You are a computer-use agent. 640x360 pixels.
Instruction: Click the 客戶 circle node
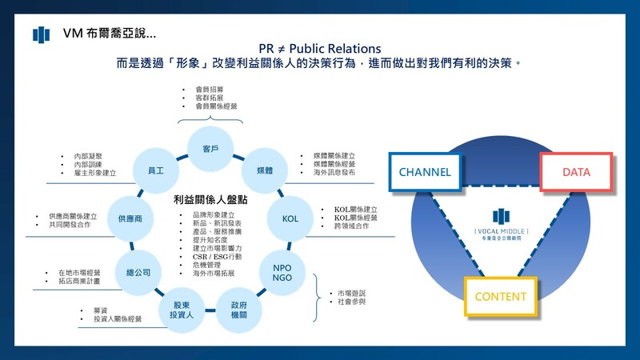(x=210, y=149)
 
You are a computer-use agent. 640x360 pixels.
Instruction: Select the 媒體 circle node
(x=264, y=171)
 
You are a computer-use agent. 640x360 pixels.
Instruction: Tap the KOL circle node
(x=290, y=218)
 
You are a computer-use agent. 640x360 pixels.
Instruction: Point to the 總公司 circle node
(x=134, y=272)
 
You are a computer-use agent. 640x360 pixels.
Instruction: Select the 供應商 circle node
(x=130, y=218)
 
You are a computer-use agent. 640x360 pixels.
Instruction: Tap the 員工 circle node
(x=156, y=171)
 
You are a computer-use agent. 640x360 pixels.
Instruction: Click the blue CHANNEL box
(x=425, y=172)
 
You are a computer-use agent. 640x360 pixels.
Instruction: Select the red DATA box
(x=576, y=172)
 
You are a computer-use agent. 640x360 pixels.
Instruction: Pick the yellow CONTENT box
(x=501, y=297)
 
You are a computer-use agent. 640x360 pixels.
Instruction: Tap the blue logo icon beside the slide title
(x=41, y=34)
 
